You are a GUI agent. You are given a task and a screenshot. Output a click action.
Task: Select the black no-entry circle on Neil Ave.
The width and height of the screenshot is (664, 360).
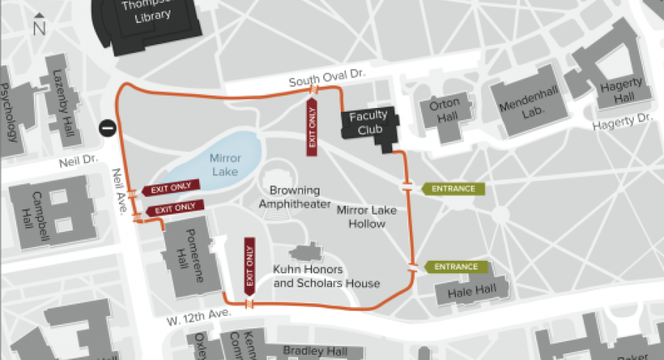108,128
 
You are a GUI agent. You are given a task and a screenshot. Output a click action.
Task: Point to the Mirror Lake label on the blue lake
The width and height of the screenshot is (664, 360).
225,164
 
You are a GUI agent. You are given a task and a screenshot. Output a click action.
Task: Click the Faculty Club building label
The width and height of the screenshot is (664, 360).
367,123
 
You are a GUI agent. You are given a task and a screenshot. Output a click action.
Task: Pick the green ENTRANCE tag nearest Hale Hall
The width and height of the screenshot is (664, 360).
455,267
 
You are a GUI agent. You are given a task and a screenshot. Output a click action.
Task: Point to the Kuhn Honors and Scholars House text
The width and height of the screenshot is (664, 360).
326,276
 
